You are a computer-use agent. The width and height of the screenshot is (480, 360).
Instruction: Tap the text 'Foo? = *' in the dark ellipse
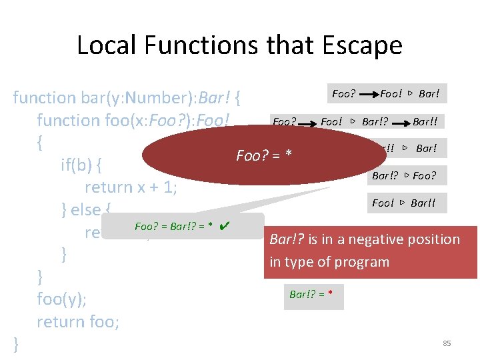(265, 156)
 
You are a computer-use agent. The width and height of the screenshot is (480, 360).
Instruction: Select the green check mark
(225, 226)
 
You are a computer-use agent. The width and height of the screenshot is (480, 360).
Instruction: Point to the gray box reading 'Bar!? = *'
(314, 294)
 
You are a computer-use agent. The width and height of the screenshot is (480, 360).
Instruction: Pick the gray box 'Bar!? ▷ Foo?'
(405, 176)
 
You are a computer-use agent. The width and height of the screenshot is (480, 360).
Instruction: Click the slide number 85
(447, 343)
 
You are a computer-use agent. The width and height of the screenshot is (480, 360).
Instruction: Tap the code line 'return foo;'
(78, 322)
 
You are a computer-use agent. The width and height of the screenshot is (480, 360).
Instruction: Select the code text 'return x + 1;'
(131, 187)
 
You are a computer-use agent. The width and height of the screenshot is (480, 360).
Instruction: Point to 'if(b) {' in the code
(91, 165)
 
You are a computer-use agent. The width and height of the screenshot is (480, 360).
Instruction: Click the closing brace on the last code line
(17, 344)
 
